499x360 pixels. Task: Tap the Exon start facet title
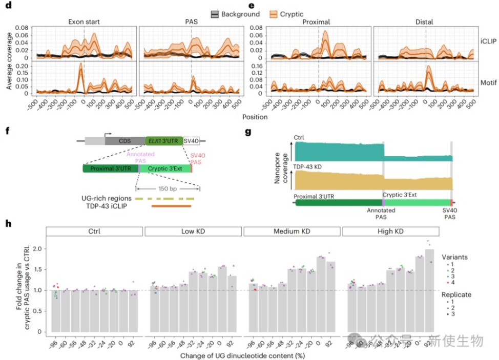pyautogui.click(x=84, y=22)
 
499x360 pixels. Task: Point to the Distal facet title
pyautogui.click(x=425, y=22)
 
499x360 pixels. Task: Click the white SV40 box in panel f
pyautogui.click(x=193, y=140)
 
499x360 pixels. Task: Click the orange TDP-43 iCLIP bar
pyautogui.click(x=171, y=206)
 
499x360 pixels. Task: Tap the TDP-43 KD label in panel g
pyautogui.click(x=311, y=167)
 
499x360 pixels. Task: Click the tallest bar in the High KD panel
pyautogui.click(x=429, y=292)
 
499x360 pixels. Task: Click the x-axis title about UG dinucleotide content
pyautogui.click(x=244, y=354)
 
